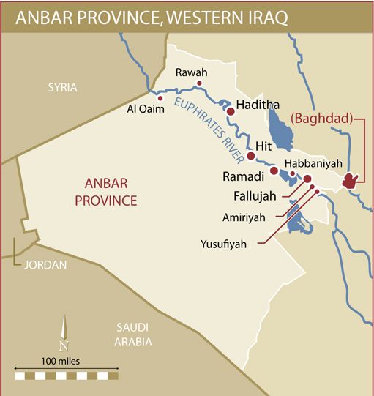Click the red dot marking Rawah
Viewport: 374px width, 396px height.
pos(198,83)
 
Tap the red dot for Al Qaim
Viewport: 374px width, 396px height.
pos(160,98)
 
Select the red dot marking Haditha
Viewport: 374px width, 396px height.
pos(230,111)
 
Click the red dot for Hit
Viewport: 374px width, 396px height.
pos(250,156)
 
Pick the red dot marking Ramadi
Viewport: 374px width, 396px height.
pos(274,171)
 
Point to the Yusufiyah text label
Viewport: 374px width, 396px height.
pos(224,244)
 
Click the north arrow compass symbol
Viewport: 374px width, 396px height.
pos(64,333)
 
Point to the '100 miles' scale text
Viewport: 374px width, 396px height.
pos(60,361)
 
